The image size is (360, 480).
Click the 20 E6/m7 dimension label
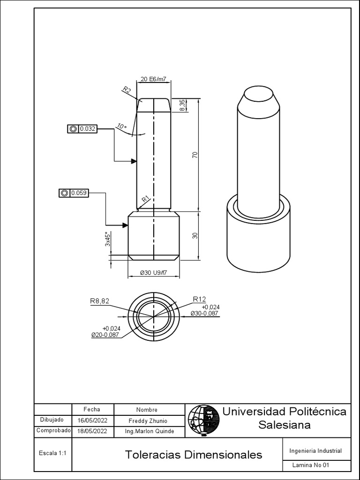tap(153, 79)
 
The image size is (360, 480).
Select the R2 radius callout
tap(127, 90)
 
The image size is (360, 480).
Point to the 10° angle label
tap(121, 127)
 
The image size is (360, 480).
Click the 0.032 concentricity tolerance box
tap(82, 128)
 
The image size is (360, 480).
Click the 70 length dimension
tap(195, 155)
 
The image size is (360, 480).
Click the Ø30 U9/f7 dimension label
tap(153, 273)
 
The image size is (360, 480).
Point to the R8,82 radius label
tap(100, 301)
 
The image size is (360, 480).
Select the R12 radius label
tap(199, 300)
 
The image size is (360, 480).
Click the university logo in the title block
tap(203, 419)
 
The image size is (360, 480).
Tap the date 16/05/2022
tap(92, 420)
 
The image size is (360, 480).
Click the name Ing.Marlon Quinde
tap(149, 431)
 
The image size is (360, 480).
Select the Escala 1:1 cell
tap(52, 453)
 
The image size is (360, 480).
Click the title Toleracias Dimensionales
tap(194, 455)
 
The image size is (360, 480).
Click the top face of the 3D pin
tap(259, 95)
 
